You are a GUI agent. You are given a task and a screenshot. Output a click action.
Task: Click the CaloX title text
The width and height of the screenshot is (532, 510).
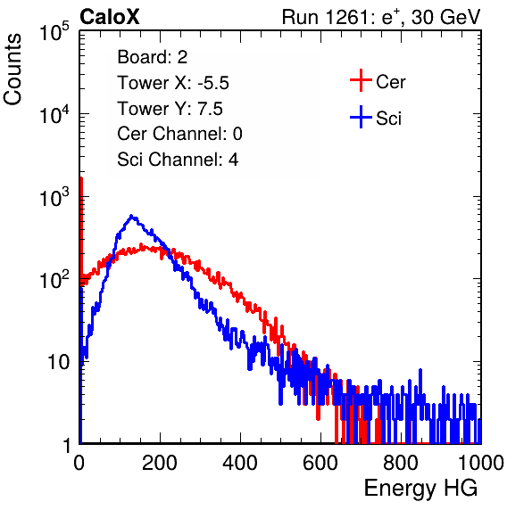[110, 17]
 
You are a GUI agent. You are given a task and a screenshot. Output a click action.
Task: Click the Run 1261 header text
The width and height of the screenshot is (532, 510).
[381, 17]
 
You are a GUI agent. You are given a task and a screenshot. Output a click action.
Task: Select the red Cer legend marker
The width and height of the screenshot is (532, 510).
[361, 80]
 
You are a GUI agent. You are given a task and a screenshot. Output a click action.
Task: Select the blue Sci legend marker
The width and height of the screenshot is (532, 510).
[361, 118]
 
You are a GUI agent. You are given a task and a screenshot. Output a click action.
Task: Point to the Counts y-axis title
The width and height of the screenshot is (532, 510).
[12, 70]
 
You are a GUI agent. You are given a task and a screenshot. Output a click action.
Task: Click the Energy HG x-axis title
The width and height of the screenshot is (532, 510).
[420, 488]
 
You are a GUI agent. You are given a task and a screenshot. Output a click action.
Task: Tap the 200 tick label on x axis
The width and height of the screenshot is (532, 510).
[160, 463]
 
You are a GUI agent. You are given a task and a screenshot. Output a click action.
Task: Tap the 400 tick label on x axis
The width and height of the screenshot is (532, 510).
[240, 463]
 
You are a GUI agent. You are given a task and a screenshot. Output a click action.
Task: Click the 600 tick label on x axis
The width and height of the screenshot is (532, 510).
[320, 463]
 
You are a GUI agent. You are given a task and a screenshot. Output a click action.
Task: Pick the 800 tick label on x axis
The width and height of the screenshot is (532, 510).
[401, 463]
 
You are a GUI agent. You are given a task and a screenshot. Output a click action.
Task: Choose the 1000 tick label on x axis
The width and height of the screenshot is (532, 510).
[481, 463]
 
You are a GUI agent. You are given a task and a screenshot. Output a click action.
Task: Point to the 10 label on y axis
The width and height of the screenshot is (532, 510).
[59, 362]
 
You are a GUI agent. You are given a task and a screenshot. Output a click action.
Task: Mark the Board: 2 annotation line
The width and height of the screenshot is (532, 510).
[153, 57]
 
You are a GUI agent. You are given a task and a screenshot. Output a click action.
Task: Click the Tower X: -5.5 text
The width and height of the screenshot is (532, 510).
[173, 83]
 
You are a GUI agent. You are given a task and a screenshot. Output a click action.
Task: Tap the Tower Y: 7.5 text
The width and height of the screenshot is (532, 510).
[170, 109]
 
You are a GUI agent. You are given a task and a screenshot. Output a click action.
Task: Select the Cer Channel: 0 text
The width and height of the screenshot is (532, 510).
[179, 134]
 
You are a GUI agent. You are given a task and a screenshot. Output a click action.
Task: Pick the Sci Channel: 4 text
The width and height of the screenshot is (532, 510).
[178, 160]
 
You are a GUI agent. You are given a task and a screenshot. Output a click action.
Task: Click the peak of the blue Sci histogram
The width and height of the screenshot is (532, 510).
[131, 216]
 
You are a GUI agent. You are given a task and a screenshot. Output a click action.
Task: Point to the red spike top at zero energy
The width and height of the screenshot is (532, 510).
[81, 178]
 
